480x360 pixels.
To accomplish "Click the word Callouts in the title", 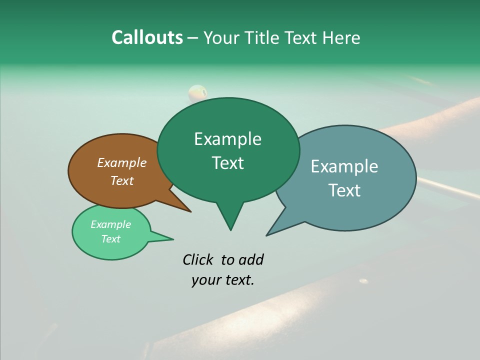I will coord(147,37).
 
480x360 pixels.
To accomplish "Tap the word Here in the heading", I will coord(339,37).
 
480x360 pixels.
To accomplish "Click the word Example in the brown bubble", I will coord(121,163).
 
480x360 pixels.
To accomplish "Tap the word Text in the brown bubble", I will coord(121,180).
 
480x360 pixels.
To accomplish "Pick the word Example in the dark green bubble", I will coord(227,139).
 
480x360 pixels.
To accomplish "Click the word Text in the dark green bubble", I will coord(227,163).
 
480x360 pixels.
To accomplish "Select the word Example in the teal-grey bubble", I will coord(344,166).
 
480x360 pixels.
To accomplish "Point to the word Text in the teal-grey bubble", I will coord(344,190).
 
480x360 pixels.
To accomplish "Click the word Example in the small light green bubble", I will coord(110,224).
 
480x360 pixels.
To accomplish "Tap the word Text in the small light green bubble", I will coord(110,239).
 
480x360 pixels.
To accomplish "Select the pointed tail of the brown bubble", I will coord(186,208).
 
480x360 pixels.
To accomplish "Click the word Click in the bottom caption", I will coord(198,259).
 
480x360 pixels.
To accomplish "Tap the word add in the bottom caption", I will coord(250,259).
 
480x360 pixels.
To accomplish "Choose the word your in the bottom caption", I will coord(205,280).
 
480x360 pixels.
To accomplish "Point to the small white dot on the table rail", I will coord(363,281).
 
